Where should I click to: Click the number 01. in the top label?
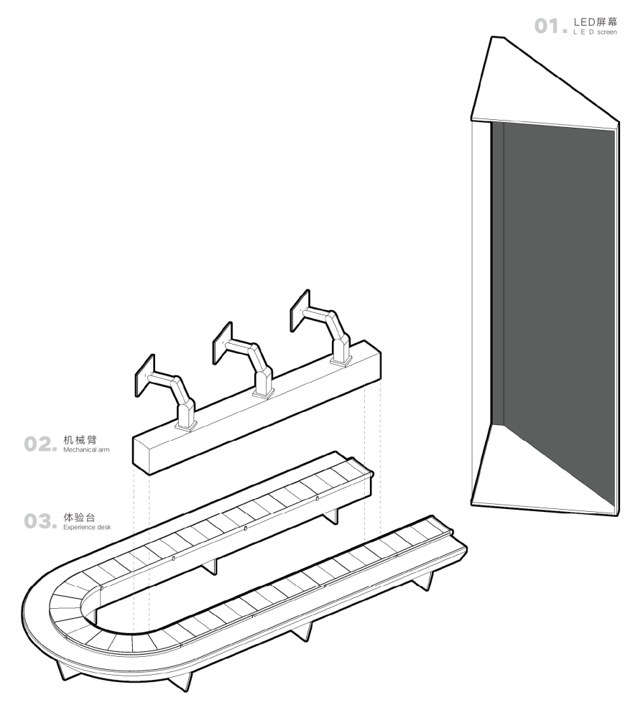coord(551,27)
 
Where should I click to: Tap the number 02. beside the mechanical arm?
coord(40,444)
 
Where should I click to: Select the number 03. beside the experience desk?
coord(40,520)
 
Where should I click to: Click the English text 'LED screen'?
coord(595,32)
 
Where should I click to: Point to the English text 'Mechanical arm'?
coord(86,450)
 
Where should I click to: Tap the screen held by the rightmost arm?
coord(300,310)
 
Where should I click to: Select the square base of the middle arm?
coord(264,393)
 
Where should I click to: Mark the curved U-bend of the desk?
coord(57,617)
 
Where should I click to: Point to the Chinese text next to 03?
coord(78,517)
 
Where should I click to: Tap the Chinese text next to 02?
coord(78,440)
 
